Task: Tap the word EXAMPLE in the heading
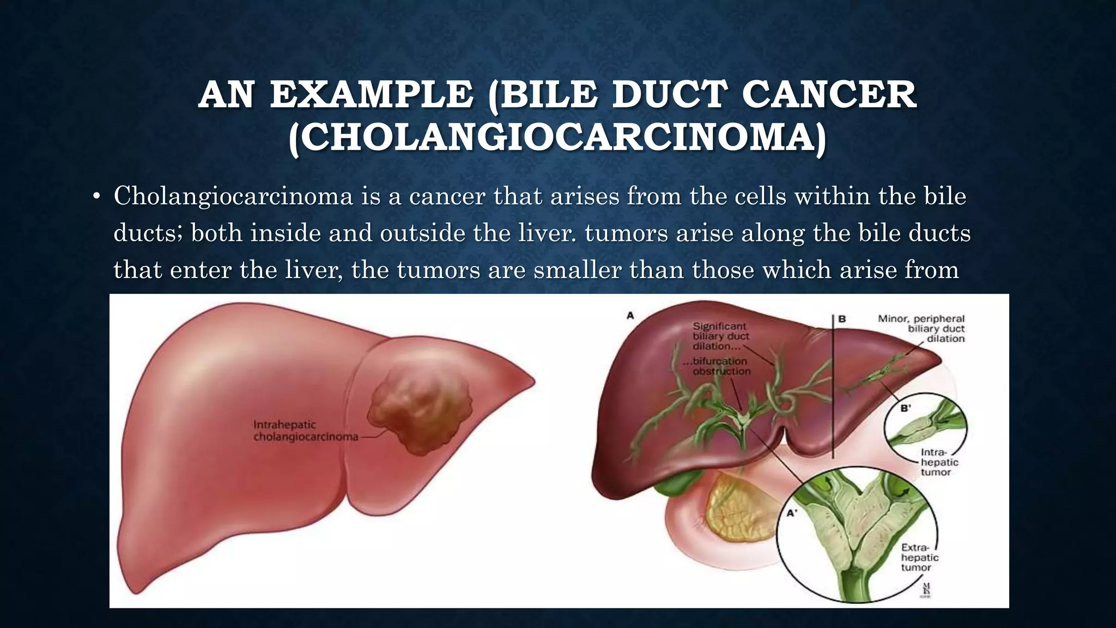371,94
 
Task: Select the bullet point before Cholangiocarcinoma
96,197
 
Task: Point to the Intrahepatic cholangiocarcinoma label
305,430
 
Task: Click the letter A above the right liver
630,315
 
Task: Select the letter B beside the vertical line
842,318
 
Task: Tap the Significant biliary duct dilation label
720,336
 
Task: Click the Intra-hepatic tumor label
938,462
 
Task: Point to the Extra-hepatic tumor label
919,557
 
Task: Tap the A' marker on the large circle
792,513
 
